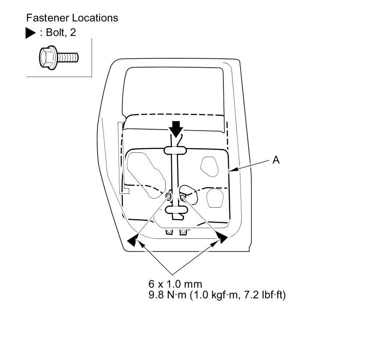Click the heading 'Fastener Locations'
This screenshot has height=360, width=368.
(72, 18)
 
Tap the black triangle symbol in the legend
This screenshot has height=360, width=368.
(31, 33)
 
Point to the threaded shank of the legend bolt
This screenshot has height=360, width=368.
(69, 57)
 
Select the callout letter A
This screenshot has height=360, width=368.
(276, 160)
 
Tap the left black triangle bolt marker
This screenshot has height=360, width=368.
(133, 241)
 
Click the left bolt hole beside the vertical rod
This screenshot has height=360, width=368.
(169, 196)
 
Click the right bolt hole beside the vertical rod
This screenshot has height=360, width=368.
(183, 196)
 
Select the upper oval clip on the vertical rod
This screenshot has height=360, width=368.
(175, 150)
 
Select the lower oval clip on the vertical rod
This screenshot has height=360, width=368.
(175, 209)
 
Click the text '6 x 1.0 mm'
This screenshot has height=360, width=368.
(175, 284)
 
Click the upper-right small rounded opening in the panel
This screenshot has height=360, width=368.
(210, 166)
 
